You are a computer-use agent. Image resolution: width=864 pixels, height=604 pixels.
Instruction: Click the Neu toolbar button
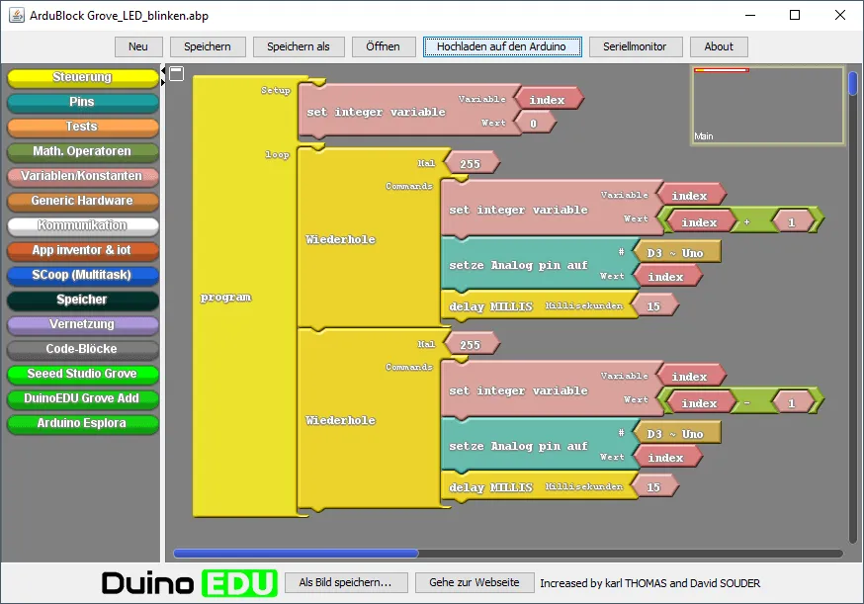[138, 46]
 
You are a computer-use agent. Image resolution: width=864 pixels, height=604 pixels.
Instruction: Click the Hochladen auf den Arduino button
[501, 46]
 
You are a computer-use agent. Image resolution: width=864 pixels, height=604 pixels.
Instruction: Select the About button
[719, 46]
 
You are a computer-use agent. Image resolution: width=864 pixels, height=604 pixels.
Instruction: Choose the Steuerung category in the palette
[82, 77]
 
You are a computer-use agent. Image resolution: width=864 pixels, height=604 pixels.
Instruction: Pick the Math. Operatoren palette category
[82, 151]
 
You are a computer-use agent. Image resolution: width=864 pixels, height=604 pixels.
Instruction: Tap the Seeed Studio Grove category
[82, 374]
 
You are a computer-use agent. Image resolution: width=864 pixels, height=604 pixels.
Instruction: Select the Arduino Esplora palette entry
[82, 423]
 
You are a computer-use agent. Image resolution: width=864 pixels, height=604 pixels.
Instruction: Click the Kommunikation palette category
[82, 225]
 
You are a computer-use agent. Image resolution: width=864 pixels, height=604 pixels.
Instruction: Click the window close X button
[840, 15]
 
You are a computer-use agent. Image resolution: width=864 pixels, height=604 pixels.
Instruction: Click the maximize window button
[795, 15]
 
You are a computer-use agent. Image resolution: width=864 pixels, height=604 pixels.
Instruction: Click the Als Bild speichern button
[345, 583]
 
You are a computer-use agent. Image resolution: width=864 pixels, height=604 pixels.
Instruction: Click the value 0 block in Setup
[534, 124]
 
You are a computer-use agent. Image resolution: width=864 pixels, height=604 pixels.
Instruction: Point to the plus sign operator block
[746, 222]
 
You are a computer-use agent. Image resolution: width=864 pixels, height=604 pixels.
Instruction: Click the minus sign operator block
[746, 403]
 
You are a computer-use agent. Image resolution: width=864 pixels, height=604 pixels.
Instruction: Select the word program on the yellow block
[226, 298]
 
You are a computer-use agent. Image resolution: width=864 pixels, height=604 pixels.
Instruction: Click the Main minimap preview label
[704, 136]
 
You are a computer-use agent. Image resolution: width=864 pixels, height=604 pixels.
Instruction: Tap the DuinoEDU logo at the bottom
[190, 583]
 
